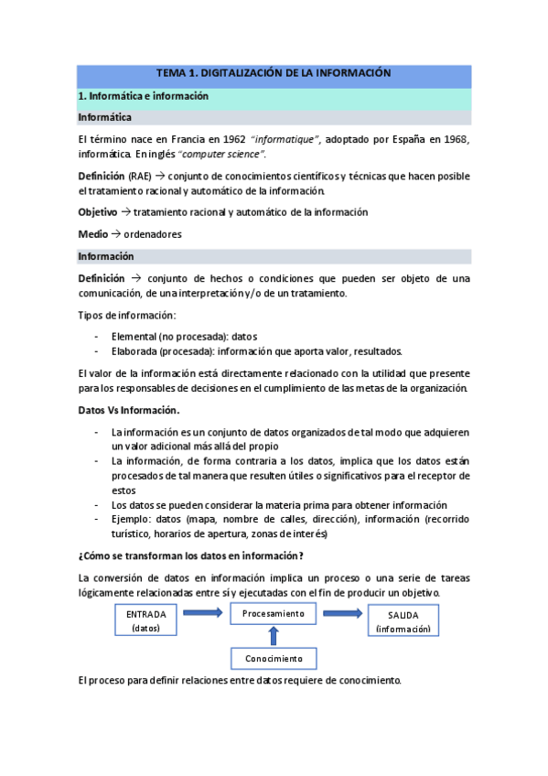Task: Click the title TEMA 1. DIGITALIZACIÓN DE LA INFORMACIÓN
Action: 274,72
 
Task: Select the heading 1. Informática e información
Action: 144,95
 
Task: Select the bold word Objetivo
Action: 97,212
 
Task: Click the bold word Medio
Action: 92,234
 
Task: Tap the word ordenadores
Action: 153,234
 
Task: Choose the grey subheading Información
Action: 106,256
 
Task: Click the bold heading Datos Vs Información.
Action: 129,410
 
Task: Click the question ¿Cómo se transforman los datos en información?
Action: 191,556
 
